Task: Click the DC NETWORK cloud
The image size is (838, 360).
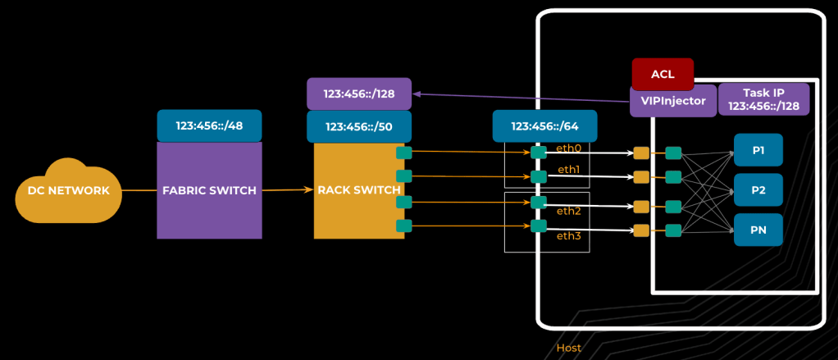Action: click(x=69, y=191)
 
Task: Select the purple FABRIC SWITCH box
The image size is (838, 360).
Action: click(x=209, y=190)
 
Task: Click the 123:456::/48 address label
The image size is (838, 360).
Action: click(x=209, y=125)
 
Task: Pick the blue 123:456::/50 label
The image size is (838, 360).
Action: click(x=358, y=126)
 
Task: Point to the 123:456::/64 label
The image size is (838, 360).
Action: click(x=544, y=126)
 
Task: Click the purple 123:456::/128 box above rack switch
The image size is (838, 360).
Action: click(x=358, y=93)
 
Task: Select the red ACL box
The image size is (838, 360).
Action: click(x=663, y=74)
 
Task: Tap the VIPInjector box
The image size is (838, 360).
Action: click(x=672, y=100)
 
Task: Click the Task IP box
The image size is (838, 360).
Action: click(x=763, y=99)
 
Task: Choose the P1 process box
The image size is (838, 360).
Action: click(x=758, y=150)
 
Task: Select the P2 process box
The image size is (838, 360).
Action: click(x=758, y=189)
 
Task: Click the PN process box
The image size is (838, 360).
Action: click(x=758, y=230)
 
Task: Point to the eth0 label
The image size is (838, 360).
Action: click(x=569, y=148)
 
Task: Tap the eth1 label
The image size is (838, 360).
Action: click(x=569, y=169)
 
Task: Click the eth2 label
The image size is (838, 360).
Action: click(x=569, y=211)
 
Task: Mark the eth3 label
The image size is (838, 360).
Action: click(x=569, y=236)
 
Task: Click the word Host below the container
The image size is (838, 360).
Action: click(x=569, y=348)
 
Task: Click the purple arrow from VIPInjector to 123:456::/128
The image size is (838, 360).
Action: click(x=525, y=98)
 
